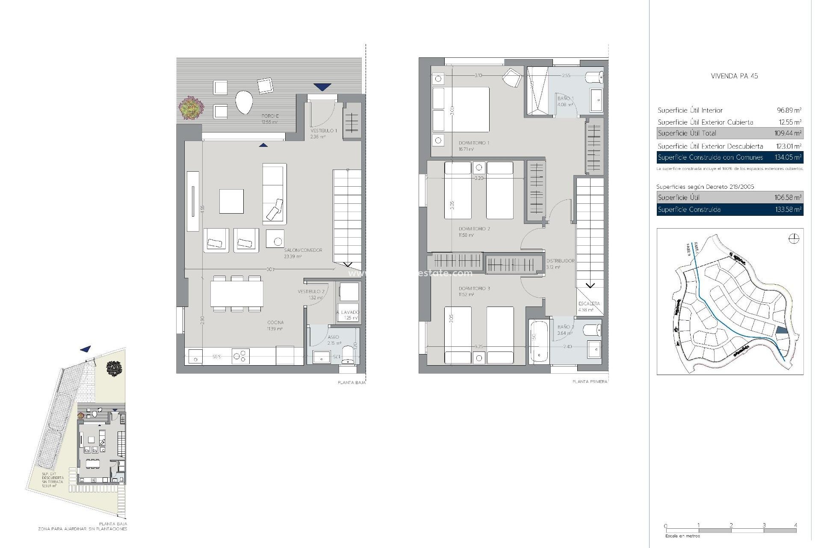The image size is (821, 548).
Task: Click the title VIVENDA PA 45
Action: click(734, 76)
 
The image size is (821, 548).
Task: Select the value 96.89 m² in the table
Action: click(789, 110)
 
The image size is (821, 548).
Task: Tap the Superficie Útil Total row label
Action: click(687, 134)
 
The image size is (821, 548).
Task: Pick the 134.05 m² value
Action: click(788, 158)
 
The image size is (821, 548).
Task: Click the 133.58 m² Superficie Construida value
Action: click(788, 210)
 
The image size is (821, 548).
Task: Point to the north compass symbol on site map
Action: click(794, 239)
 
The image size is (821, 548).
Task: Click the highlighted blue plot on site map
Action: click(781, 330)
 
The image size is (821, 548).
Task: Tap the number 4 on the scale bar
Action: click(796, 525)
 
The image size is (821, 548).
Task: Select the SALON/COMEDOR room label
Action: click(303, 250)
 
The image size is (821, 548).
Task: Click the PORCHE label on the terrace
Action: click(270, 116)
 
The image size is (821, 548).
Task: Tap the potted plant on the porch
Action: click(191, 107)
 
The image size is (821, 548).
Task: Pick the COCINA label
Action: click(275, 322)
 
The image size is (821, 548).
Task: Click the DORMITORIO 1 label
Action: click(474, 143)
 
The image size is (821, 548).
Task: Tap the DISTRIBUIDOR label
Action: click(560, 261)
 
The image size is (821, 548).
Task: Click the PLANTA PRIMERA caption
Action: click(590, 381)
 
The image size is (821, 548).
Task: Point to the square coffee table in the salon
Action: click(231, 201)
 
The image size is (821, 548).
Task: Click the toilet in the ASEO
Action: click(348, 355)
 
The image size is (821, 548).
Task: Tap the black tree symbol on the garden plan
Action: click(114, 368)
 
